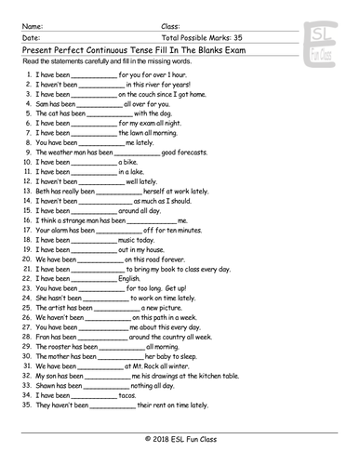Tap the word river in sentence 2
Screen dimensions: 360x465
coord(147,84)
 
